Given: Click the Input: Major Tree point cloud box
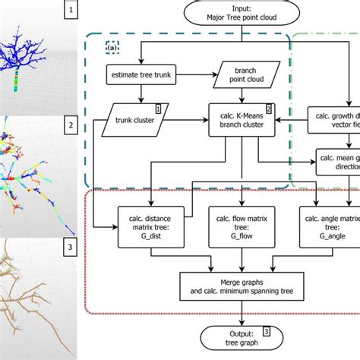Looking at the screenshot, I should point(241,14).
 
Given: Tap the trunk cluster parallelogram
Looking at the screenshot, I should point(137,118).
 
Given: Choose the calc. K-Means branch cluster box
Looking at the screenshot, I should point(241,118).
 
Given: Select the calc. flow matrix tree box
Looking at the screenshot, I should point(241,225).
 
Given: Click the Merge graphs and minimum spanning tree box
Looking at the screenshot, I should point(241,284).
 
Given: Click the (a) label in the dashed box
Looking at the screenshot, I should point(112,47).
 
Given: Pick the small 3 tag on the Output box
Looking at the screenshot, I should point(265,330).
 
